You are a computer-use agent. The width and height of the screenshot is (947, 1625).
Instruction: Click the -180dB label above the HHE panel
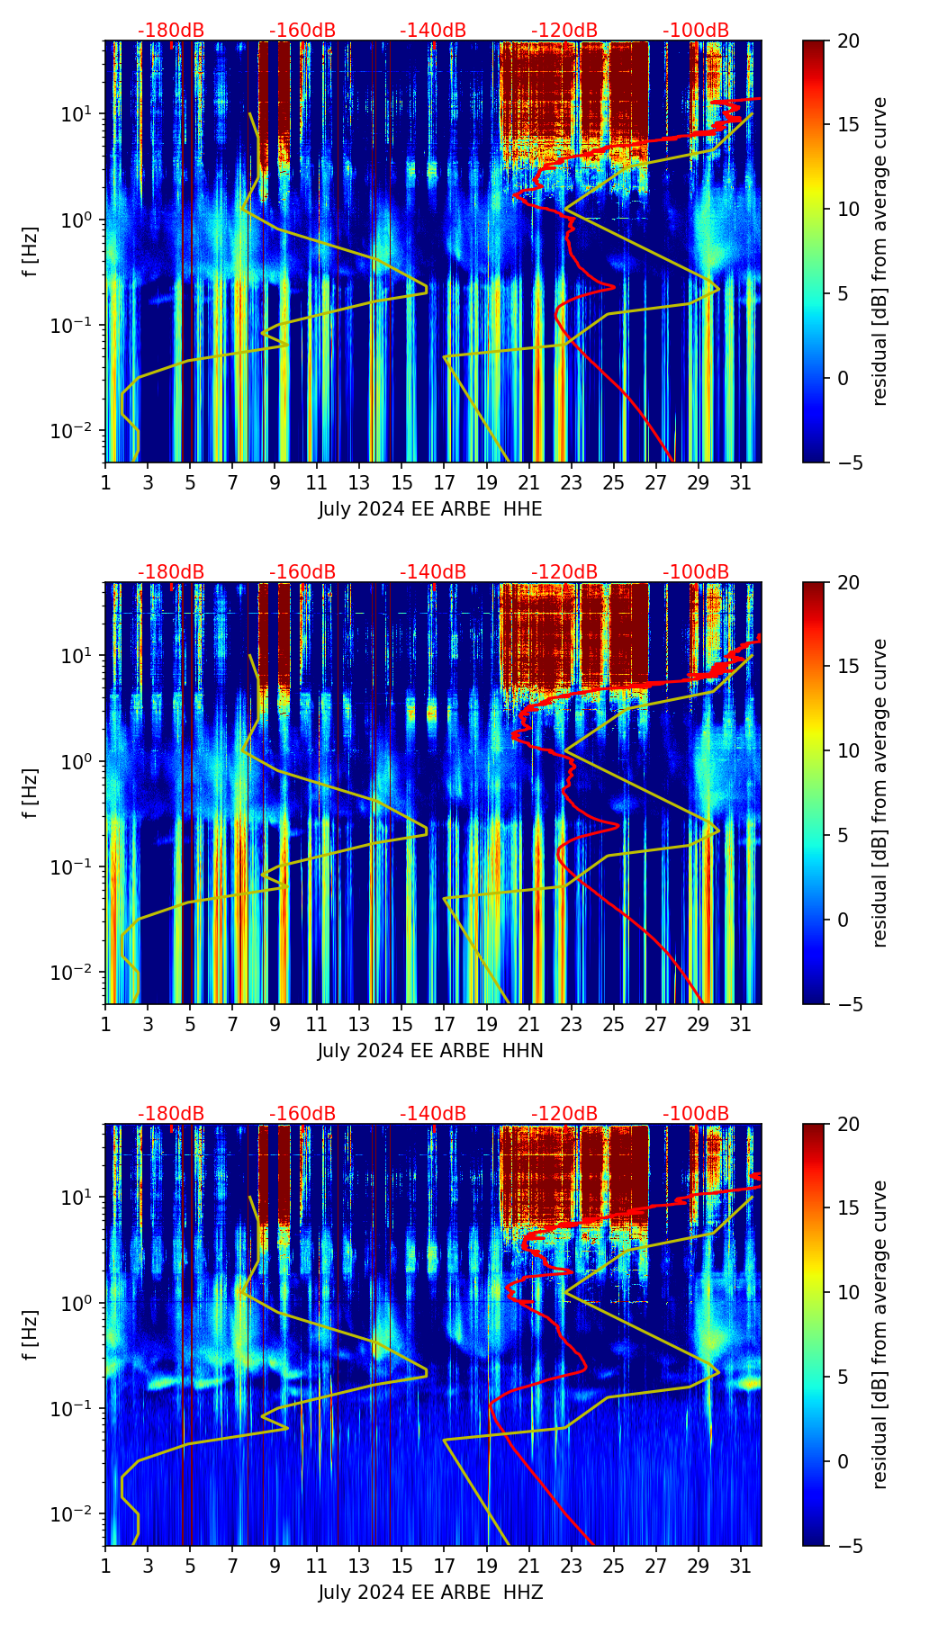point(171,31)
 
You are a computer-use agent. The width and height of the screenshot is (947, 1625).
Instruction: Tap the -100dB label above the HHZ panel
point(696,1114)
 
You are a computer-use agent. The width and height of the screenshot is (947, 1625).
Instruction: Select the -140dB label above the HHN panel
point(433,572)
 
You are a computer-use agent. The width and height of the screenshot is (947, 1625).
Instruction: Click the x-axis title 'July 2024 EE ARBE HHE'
point(430,509)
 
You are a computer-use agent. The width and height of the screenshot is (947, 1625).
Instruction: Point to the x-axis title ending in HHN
point(430,1051)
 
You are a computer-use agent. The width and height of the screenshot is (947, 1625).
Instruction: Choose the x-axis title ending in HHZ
point(430,1593)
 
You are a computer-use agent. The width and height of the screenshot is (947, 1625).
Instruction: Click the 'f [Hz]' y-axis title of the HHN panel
point(30,793)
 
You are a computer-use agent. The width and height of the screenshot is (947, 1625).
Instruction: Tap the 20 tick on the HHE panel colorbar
point(848,40)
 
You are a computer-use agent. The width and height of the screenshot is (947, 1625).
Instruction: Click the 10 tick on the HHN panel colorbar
point(848,750)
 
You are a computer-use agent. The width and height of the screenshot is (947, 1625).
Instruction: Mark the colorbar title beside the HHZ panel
point(879,1334)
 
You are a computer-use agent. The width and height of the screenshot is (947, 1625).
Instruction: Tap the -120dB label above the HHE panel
point(564,31)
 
